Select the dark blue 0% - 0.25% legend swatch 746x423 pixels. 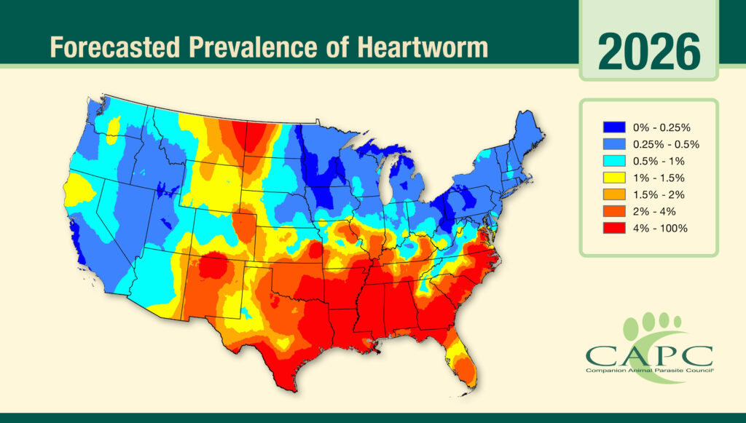coord(614,127)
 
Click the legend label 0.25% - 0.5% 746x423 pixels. coord(661,143)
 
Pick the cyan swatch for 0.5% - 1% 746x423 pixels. coord(614,160)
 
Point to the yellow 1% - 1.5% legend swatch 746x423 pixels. coord(614,178)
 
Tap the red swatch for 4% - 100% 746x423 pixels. coord(614,228)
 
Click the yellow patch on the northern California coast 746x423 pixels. coord(79,191)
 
